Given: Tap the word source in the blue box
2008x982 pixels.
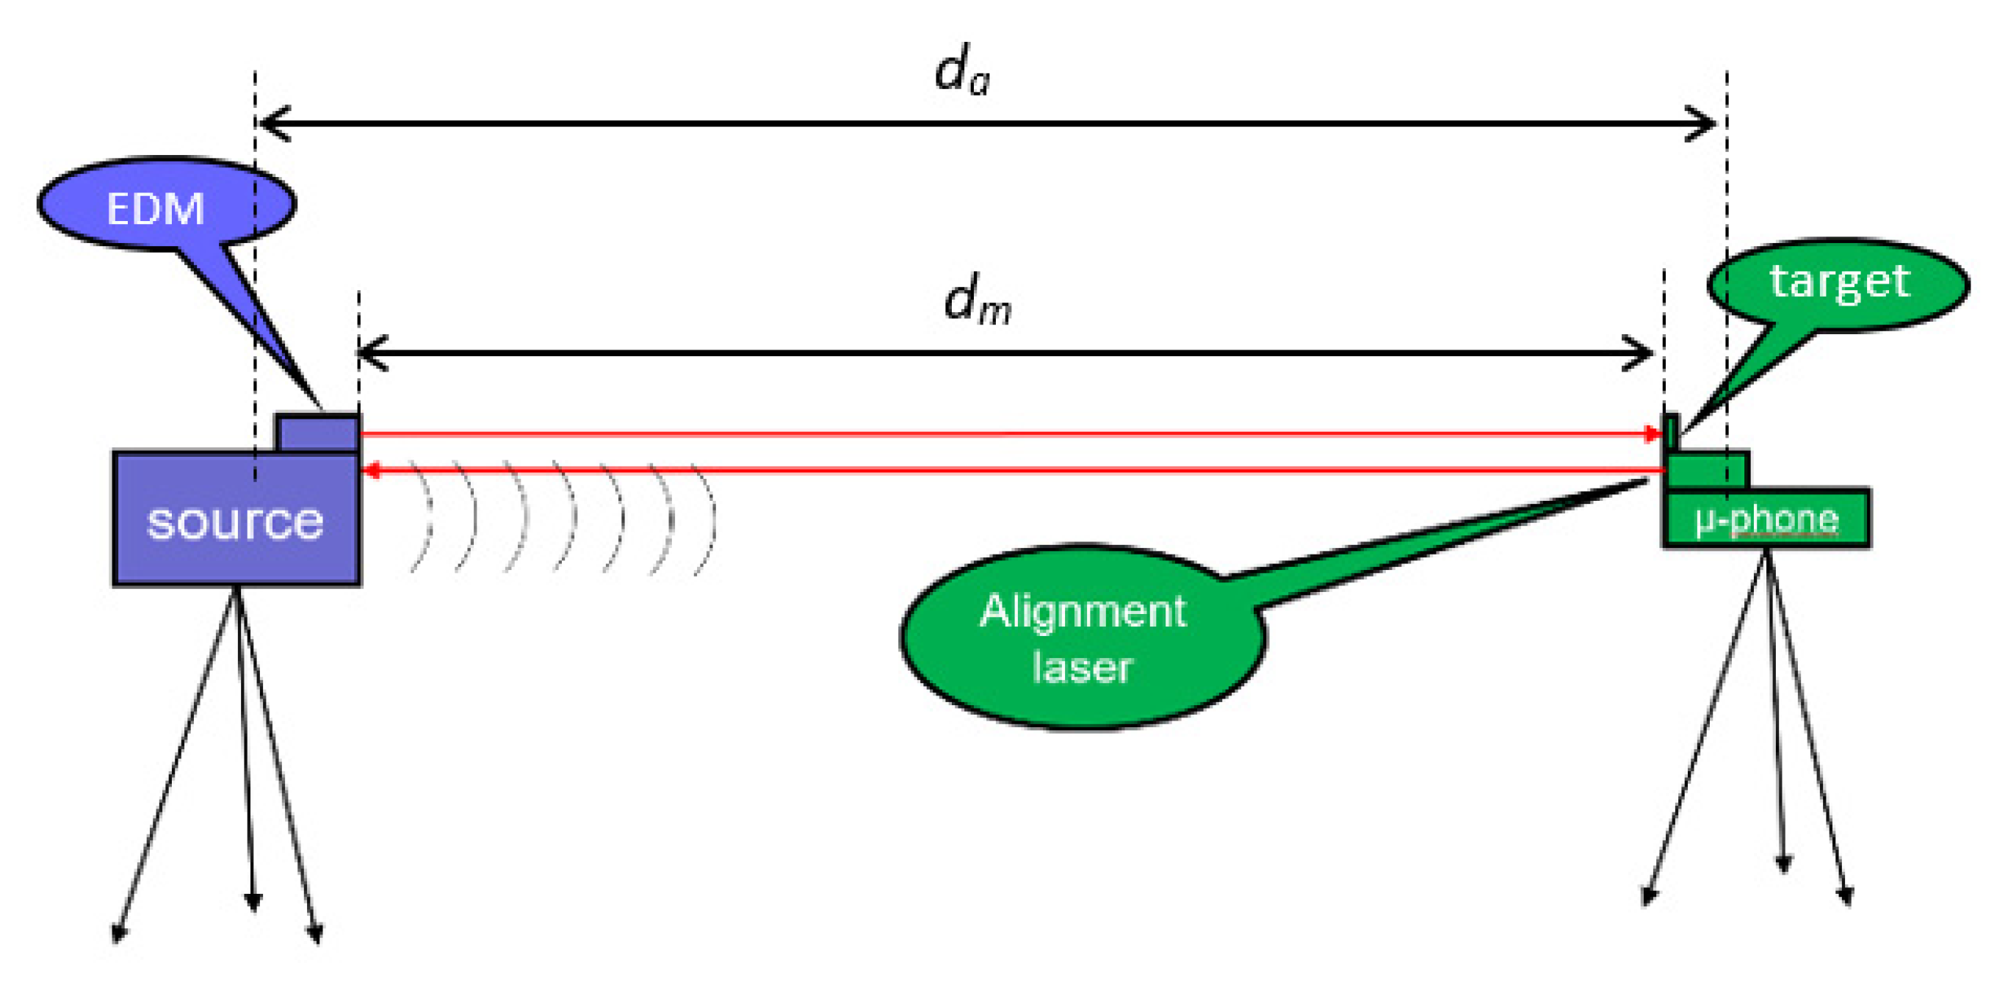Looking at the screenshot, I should pos(234,521).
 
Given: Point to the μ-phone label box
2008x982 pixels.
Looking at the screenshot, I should pos(1766,519).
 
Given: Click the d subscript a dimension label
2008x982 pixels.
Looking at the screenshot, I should pos(962,71).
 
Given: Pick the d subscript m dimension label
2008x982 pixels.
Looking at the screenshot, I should pos(977,301).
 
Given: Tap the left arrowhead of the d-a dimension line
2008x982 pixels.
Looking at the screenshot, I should pos(272,124).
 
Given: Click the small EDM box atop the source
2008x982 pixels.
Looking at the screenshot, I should pos(318,433).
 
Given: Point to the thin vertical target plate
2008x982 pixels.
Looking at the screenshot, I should pos(1670,433).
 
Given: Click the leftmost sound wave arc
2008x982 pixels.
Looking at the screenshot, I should pos(425,519).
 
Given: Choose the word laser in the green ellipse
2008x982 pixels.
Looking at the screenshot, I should pos(1082,668).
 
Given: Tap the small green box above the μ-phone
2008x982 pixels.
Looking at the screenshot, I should pos(1706,470).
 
